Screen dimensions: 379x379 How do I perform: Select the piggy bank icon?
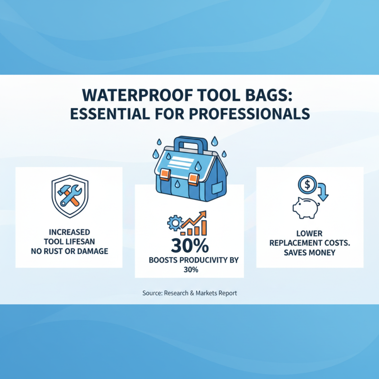click(x=306, y=207)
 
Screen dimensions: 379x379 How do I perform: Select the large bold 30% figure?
click(x=189, y=246)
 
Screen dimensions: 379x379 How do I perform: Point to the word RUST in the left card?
click(x=66, y=251)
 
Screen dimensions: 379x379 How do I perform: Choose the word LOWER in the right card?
click(x=309, y=234)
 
